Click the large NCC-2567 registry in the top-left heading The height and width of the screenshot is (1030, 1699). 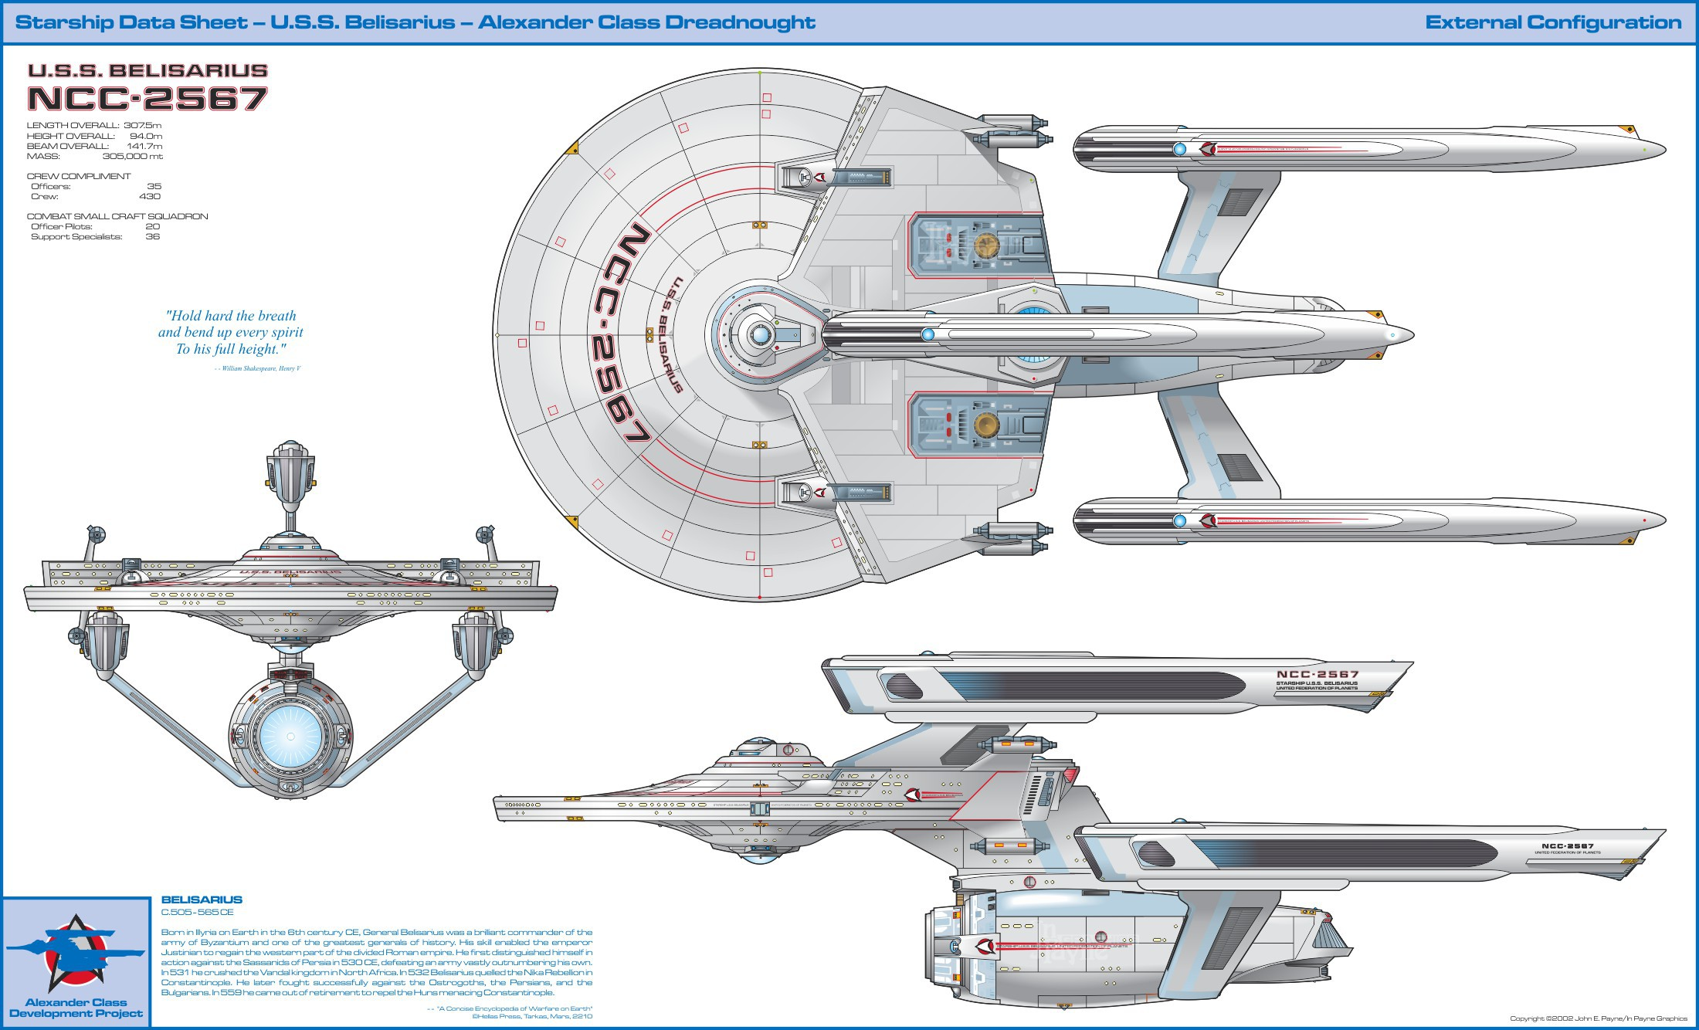148,99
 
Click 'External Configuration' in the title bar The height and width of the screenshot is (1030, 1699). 1553,22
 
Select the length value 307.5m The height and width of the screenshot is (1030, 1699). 143,125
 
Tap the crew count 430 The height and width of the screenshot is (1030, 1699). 150,196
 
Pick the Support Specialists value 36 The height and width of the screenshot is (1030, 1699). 153,236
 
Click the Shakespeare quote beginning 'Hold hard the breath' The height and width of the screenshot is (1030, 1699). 231,332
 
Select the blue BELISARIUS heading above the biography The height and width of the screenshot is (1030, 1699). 202,900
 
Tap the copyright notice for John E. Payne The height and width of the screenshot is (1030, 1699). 1599,1018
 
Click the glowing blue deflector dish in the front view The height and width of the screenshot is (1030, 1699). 290,737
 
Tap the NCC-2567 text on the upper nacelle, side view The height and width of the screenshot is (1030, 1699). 1317,674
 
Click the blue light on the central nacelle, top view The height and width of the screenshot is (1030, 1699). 928,334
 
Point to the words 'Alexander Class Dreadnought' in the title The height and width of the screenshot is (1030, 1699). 646,22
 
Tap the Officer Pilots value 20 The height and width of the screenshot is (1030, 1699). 153,226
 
